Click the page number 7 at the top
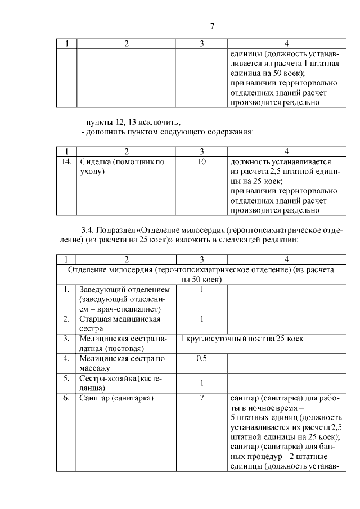click(x=211, y=26)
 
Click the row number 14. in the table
click(x=66, y=161)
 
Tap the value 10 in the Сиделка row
click(x=202, y=161)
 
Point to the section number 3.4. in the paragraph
click(x=91, y=230)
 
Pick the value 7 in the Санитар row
click(x=202, y=399)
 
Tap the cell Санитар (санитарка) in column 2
click(x=117, y=399)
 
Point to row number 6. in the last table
click(x=66, y=399)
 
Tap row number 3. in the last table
click(x=66, y=339)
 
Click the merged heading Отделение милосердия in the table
click(x=201, y=274)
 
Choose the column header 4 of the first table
click(x=286, y=44)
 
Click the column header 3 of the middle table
click(x=202, y=151)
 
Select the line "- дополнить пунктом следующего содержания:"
click(x=167, y=132)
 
